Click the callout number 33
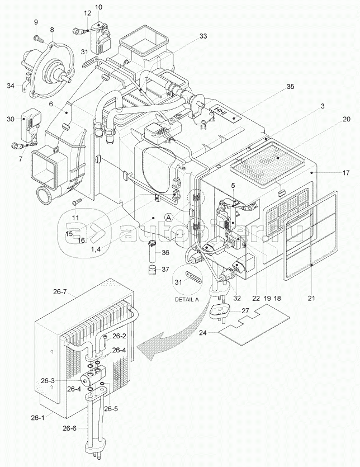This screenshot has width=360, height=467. click(203, 36)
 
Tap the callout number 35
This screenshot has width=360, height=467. click(290, 86)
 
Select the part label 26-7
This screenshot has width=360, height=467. click(60, 292)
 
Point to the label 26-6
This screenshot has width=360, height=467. click(69, 428)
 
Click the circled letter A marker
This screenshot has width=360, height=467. click(169, 218)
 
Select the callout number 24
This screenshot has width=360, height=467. click(203, 333)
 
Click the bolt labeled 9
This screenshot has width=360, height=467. click(38, 38)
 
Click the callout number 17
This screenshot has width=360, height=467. click(345, 172)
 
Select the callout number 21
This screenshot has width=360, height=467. click(311, 298)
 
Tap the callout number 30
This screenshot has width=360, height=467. click(11, 119)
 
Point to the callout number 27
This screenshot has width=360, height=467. click(245, 310)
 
